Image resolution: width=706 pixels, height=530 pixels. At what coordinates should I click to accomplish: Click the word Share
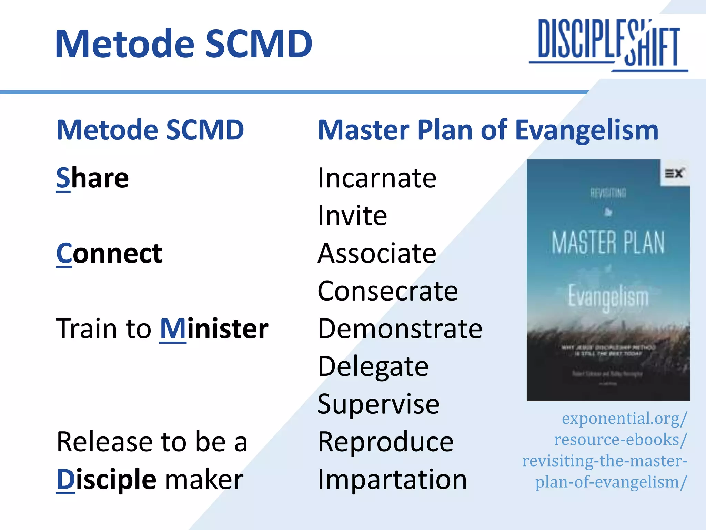(92, 178)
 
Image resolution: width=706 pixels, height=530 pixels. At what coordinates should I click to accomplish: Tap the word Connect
(109, 254)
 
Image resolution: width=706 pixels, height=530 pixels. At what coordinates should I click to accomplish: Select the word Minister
(214, 329)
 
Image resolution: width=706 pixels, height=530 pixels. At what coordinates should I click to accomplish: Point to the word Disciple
(106, 480)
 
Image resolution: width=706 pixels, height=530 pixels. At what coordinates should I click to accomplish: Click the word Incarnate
(377, 178)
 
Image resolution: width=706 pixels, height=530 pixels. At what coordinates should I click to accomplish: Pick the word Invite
(352, 216)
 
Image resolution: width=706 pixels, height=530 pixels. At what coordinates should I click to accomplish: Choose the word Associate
(377, 254)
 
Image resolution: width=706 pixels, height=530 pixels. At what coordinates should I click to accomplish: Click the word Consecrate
(387, 291)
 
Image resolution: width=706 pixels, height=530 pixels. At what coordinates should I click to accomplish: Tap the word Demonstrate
(400, 329)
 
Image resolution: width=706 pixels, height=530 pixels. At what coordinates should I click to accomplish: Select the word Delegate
(373, 367)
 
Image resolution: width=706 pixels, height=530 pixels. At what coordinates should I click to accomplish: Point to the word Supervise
(379, 404)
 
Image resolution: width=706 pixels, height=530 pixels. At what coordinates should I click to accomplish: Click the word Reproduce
(385, 442)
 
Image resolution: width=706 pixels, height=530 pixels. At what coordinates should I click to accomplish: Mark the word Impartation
(392, 480)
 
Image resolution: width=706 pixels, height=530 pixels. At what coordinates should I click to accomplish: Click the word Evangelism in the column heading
(587, 130)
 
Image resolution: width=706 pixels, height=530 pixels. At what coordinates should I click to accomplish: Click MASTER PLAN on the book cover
(608, 243)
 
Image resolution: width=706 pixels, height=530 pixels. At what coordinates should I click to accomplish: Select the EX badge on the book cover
(674, 173)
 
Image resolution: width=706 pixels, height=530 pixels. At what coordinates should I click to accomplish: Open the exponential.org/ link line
(624, 419)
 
